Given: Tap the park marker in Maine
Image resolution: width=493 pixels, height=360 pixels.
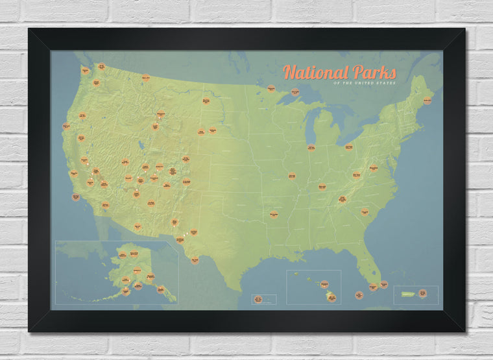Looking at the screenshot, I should [x=427, y=101].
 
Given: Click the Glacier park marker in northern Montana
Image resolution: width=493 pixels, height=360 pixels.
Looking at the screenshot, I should [x=146, y=78].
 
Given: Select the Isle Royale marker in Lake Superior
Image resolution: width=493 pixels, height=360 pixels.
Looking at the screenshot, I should [x=295, y=91].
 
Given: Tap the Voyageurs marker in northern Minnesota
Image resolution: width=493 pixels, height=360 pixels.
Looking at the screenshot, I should [x=271, y=88].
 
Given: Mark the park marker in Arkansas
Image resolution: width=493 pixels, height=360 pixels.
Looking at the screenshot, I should [x=274, y=213].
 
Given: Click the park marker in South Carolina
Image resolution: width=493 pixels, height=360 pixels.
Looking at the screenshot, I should [x=365, y=211].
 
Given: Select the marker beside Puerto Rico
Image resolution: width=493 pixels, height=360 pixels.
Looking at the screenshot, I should [x=423, y=293].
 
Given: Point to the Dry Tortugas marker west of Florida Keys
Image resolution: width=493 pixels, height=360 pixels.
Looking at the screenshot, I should [x=359, y=295].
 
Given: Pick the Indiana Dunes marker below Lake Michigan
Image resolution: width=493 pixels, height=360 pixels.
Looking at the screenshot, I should [x=311, y=147].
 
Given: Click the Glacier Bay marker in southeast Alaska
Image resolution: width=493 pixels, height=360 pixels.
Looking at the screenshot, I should [x=160, y=289].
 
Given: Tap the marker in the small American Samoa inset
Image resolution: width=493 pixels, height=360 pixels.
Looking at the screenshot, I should [x=258, y=299].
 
